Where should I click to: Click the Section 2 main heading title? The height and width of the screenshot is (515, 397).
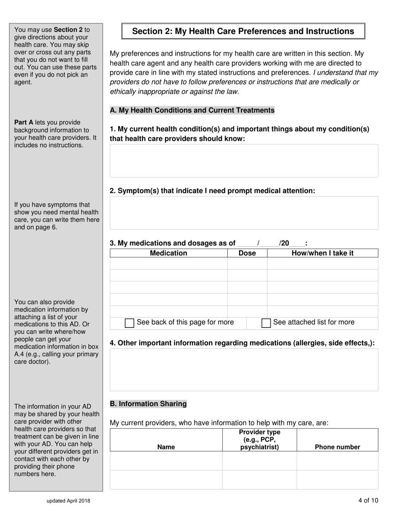(x=243, y=31)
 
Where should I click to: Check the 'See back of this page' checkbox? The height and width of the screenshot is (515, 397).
(x=130, y=323)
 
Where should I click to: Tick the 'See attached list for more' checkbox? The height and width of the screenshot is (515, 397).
(x=266, y=323)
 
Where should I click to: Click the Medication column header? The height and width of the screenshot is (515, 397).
(x=168, y=253)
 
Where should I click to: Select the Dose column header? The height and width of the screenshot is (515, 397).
(x=247, y=253)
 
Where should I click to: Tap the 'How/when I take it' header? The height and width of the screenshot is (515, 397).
(x=322, y=253)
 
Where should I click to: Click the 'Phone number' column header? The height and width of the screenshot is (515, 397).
(x=337, y=447)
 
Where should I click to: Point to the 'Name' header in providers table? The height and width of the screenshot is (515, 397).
(x=166, y=447)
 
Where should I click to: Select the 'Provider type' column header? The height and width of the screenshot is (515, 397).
(x=260, y=440)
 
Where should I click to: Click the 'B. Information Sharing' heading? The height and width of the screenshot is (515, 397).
(x=148, y=404)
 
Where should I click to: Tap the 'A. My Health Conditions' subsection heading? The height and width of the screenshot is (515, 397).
(x=192, y=110)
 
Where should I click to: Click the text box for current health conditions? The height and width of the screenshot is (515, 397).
(x=244, y=161)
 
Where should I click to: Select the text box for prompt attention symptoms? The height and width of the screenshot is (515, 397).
(x=244, y=213)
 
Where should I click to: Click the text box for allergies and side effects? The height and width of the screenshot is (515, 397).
(x=244, y=369)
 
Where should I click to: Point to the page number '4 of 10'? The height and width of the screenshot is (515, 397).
(x=368, y=500)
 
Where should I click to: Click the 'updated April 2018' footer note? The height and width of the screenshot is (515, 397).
(x=68, y=500)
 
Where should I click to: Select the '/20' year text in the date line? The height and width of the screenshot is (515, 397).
(x=284, y=243)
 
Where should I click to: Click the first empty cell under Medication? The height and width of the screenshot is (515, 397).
(x=168, y=263)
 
